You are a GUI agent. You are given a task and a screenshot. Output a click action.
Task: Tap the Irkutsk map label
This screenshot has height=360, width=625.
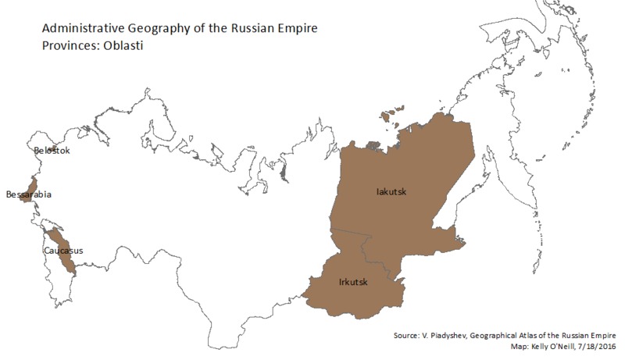(353, 281)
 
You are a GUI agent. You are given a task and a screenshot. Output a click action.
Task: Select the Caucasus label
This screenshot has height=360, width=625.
(63, 251)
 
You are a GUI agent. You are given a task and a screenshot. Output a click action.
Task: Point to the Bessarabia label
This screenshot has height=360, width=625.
(28, 194)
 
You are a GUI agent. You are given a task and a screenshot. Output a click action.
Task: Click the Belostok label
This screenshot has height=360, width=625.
(52, 150)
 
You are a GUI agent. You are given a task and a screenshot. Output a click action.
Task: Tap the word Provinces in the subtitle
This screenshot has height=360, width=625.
(66, 45)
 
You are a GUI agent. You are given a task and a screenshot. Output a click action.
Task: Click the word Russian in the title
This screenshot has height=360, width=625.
(242, 30)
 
